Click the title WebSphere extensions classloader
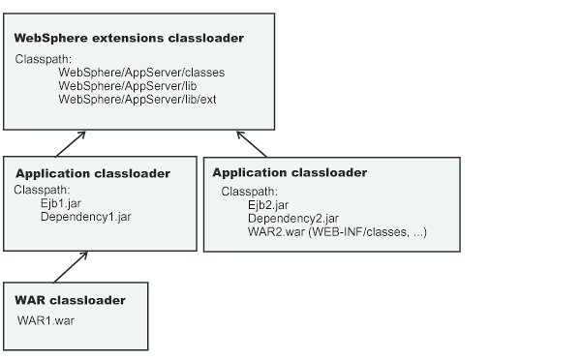[x=128, y=38]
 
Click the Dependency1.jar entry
[x=85, y=217]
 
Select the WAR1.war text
[x=46, y=318]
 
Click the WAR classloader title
[x=70, y=300]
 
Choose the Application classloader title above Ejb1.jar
[x=93, y=173]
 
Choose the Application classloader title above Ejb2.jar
[x=290, y=172]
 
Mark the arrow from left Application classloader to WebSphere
[x=67, y=143]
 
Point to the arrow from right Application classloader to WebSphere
[x=252, y=143]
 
